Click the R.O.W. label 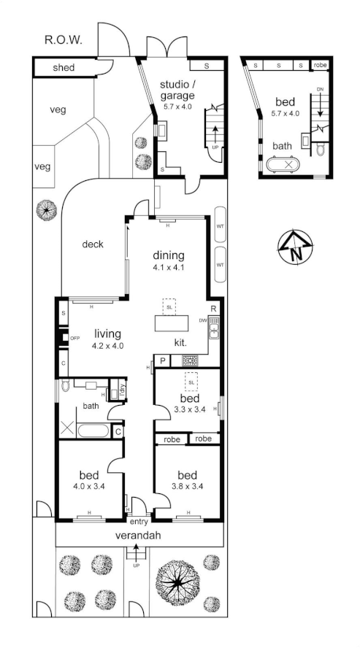coord(64,40)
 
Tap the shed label coord(64,69)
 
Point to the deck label coord(93,244)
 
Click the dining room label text coord(169,256)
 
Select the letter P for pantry coord(163,360)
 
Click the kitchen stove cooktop coord(191,360)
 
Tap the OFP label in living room coord(74,338)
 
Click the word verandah coord(137,536)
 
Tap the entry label coord(139,521)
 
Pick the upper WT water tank coord(220,226)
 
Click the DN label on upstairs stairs coord(319,90)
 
